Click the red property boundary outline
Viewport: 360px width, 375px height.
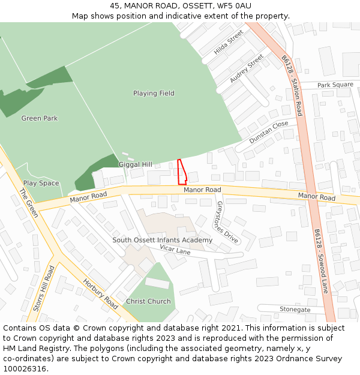click(x=182, y=172)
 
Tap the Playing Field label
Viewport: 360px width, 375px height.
click(x=154, y=93)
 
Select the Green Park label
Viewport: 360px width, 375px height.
click(x=40, y=118)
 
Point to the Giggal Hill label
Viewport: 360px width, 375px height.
click(x=136, y=164)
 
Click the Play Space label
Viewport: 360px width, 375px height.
click(x=41, y=183)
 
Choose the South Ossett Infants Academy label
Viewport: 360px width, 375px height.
click(x=163, y=240)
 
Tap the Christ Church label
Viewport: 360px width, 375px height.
click(x=148, y=301)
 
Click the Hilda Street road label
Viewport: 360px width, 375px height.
click(x=229, y=42)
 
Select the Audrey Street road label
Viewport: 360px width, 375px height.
click(x=247, y=69)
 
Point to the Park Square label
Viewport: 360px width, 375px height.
click(x=335, y=85)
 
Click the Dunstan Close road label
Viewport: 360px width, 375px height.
click(x=269, y=132)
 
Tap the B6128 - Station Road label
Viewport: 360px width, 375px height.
click(x=292, y=86)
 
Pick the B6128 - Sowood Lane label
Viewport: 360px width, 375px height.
click(x=321, y=261)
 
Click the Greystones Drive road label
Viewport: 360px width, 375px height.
click(x=227, y=223)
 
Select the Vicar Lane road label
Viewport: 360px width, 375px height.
click(x=175, y=249)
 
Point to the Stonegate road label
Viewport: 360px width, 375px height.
click(x=295, y=310)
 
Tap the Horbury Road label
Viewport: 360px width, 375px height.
click(x=101, y=294)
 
